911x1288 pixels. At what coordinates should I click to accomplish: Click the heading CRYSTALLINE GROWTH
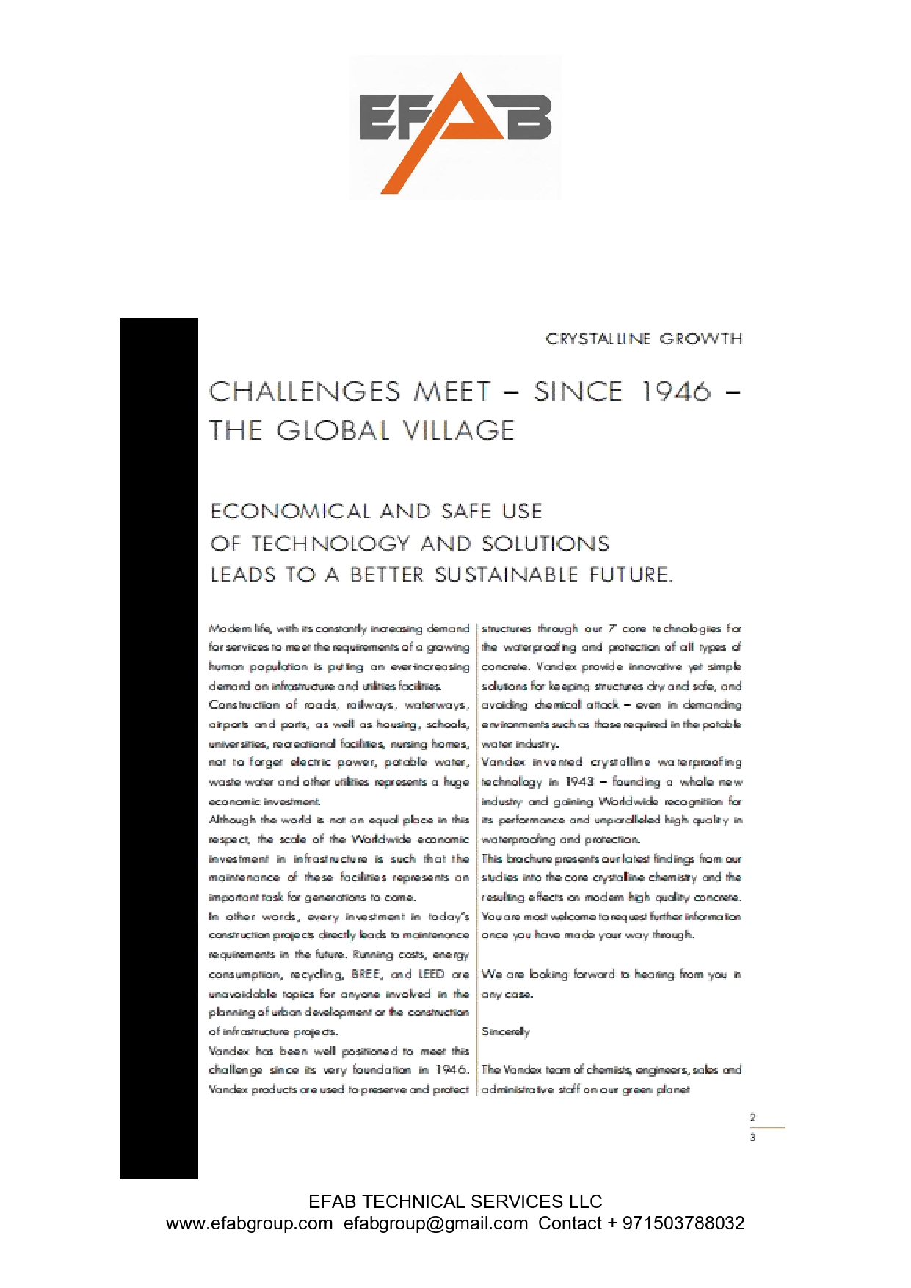(x=644, y=339)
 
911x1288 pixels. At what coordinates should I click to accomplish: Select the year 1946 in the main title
(x=676, y=391)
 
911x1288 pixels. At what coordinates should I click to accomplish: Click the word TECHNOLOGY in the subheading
(x=330, y=543)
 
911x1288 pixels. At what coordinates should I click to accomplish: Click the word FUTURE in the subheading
(x=631, y=574)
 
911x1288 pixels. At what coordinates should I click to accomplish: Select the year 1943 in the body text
(x=579, y=782)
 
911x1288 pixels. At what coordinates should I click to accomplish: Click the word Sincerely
(x=505, y=1032)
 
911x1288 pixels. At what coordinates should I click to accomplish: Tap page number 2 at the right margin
(x=752, y=1118)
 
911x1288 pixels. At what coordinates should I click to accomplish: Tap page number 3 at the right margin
(x=752, y=1137)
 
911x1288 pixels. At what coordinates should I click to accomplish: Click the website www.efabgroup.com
(x=249, y=1223)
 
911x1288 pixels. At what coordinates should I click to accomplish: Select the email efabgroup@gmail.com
(x=435, y=1223)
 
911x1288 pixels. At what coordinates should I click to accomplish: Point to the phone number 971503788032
(x=683, y=1223)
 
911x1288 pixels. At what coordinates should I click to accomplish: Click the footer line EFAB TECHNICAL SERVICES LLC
(x=455, y=1202)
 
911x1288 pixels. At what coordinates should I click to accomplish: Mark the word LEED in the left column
(x=431, y=974)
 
